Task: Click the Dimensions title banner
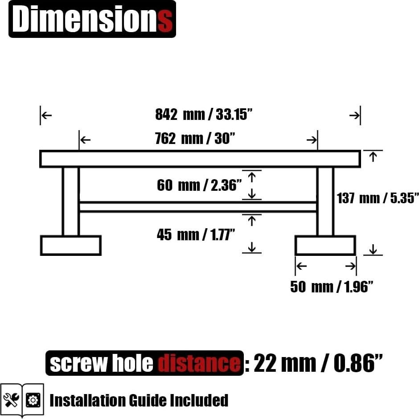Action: click(92, 19)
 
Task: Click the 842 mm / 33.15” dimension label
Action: click(204, 115)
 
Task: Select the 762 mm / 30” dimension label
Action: click(195, 139)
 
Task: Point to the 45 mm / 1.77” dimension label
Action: click(196, 234)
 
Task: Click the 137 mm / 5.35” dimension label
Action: click(378, 198)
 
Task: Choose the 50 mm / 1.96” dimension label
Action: click(331, 287)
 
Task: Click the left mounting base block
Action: click(71, 246)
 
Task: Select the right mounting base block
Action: click(325, 246)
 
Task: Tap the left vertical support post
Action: click(70, 201)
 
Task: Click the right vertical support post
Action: click(325, 201)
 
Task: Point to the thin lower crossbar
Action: click(198, 207)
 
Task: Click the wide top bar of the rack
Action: click(200, 159)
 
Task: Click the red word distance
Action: click(199, 364)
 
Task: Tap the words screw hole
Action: click(101, 364)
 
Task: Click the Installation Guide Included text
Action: click(139, 400)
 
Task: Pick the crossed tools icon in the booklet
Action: click(11, 399)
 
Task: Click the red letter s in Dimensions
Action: click(165, 20)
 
